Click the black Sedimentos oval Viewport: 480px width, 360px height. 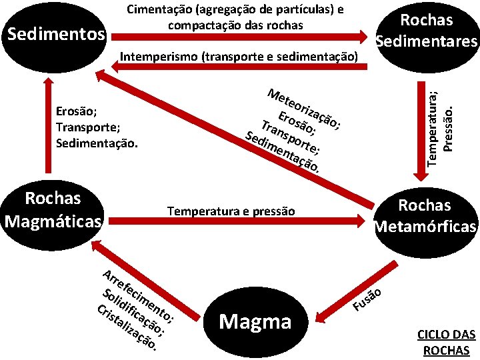[55, 33]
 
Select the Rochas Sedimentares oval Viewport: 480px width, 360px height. [427, 31]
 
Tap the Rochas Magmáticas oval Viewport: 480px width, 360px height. [53, 209]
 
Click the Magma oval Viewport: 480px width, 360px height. [255, 322]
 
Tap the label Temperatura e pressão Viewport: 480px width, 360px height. [231, 211]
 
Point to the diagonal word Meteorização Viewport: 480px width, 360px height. [304, 107]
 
